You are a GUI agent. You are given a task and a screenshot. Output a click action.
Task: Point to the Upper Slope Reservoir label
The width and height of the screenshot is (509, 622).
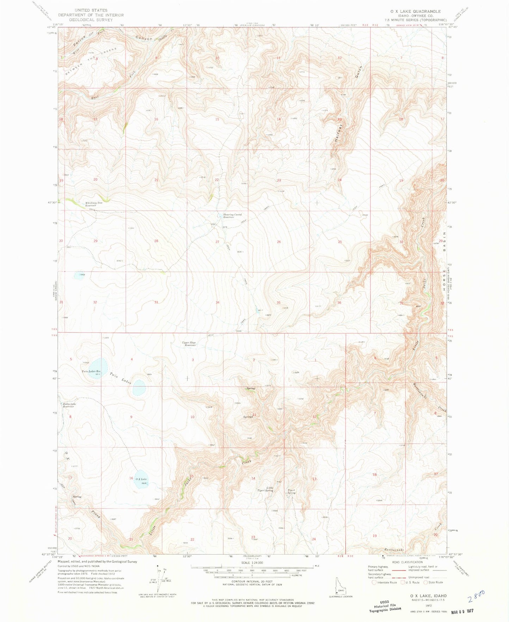189,344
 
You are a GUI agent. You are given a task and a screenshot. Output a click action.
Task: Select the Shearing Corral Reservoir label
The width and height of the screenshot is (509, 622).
233,216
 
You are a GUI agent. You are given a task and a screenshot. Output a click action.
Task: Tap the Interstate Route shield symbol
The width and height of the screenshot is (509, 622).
374,582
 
